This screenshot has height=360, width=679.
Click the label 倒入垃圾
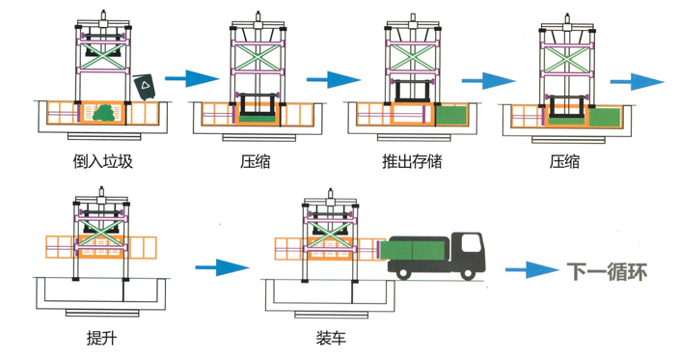(x=102, y=161)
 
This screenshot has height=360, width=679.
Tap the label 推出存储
(x=412, y=161)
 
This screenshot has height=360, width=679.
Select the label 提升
(x=102, y=338)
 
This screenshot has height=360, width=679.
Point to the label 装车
(x=331, y=338)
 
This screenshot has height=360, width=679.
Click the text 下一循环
(x=607, y=271)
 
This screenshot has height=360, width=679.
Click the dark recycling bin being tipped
(x=145, y=87)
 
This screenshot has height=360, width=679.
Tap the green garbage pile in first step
(x=104, y=113)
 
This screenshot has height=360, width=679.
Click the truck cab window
(x=471, y=242)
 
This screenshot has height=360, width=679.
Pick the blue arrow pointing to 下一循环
(x=532, y=270)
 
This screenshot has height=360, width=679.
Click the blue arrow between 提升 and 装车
(x=222, y=267)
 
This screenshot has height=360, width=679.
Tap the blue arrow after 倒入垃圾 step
(x=192, y=78)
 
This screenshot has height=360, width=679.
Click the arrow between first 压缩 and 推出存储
(x=334, y=79)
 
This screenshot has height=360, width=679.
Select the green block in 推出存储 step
(x=451, y=116)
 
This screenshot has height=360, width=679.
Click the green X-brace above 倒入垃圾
(x=103, y=55)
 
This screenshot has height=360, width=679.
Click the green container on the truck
(x=413, y=250)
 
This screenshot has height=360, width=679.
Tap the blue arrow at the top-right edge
(x=637, y=81)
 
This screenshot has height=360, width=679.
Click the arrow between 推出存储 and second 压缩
(x=488, y=81)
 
